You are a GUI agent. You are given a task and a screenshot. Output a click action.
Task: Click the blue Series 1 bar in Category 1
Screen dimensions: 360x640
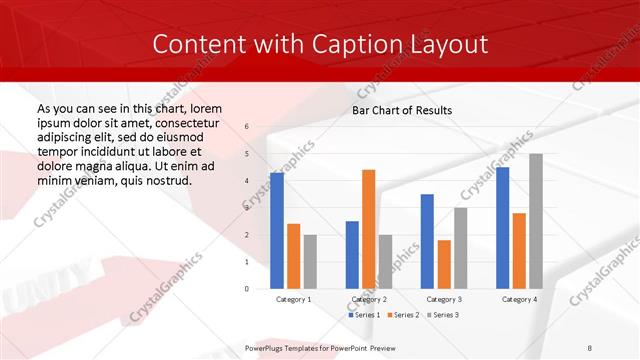click(x=277, y=231)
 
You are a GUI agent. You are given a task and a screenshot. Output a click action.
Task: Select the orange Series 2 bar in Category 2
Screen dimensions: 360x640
click(x=368, y=229)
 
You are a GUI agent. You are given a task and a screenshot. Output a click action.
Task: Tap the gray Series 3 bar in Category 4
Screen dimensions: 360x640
click(x=536, y=221)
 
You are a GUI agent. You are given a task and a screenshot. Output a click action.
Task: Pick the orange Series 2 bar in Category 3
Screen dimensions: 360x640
click(x=444, y=264)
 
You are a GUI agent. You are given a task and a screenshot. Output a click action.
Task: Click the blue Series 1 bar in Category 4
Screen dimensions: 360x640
click(x=502, y=228)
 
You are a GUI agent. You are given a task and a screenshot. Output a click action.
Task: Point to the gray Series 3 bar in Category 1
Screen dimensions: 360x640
click(x=310, y=262)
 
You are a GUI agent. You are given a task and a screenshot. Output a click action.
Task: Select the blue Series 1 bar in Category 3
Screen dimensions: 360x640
click(x=427, y=241)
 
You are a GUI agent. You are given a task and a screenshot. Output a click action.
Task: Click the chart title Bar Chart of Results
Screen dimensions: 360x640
click(x=402, y=110)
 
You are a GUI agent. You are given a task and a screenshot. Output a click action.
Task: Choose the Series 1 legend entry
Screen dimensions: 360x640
click(x=365, y=315)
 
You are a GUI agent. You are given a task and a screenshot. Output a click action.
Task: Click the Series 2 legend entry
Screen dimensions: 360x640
click(x=402, y=315)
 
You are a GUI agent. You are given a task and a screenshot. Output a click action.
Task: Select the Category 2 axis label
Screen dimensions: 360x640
click(x=368, y=299)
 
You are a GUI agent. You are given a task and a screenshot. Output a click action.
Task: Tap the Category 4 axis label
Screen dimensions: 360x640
click(x=519, y=299)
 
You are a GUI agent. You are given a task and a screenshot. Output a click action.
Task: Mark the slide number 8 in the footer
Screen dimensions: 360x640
click(x=590, y=348)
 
